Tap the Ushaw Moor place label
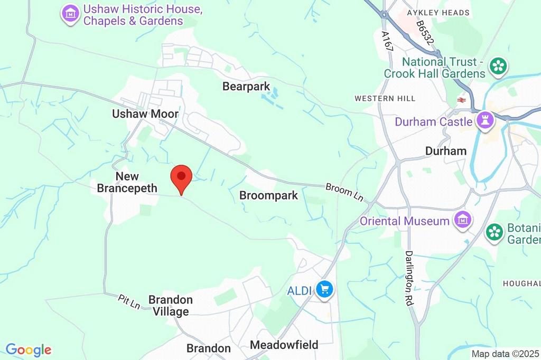pyautogui.click(x=145, y=113)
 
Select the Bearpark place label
pyautogui.click(x=246, y=86)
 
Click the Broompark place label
pyautogui.click(x=268, y=195)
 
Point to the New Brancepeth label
pyautogui.click(x=127, y=182)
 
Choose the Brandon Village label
pyautogui.click(x=170, y=306)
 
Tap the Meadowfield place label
pyautogui.click(x=284, y=345)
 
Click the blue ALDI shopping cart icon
pyautogui.click(x=324, y=289)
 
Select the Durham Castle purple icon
pyautogui.click(x=484, y=121)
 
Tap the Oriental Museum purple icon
pyautogui.click(x=463, y=220)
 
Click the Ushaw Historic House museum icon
pyautogui.click(x=70, y=14)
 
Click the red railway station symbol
pyautogui.click(x=461, y=99)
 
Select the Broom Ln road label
pyautogui.click(x=345, y=192)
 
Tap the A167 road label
pyautogui.click(x=387, y=41)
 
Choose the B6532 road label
pyautogui.click(x=425, y=33)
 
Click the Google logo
pyautogui.click(x=29, y=349)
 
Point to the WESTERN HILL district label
pyautogui.click(x=385, y=98)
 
